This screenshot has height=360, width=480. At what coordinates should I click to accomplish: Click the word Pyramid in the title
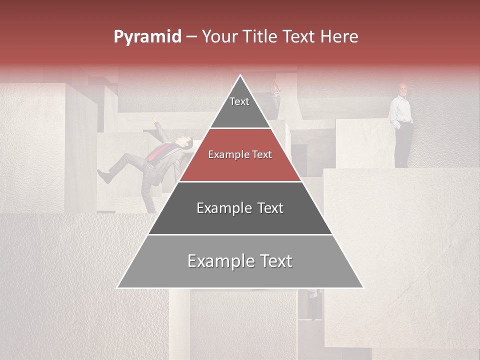pos(147,37)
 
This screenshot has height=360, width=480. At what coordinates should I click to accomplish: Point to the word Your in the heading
pos(218,36)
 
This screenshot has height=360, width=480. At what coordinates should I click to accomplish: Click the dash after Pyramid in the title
pos(191,37)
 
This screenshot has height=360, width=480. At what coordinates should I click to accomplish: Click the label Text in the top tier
pos(239,101)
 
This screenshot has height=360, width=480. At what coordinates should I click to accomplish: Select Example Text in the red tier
pos(240,154)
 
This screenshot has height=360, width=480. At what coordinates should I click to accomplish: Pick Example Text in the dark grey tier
pos(240,208)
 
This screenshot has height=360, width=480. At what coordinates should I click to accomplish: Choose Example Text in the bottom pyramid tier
pos(240,261)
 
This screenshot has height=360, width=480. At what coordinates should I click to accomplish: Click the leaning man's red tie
pos(160,152)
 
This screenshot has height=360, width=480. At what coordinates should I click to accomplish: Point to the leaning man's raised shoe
pos(103,176)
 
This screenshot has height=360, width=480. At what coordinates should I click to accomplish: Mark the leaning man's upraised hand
pos(155,118)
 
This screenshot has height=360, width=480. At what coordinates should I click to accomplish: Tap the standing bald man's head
pos(402,89)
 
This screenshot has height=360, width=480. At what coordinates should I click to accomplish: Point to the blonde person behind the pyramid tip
pos(274,88)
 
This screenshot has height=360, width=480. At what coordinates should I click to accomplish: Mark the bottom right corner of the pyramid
pos(363,288)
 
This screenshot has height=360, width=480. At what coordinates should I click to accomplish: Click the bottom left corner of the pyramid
pos(117,288)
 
